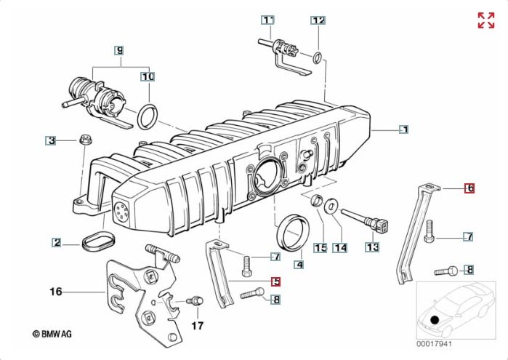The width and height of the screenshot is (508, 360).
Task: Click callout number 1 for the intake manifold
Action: (x=404, y=129)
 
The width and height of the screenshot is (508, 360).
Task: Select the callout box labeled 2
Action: (x=56, y=242)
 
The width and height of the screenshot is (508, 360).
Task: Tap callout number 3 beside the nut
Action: (x=50, y=140)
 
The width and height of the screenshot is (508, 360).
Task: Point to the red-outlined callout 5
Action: (x=275, y=281)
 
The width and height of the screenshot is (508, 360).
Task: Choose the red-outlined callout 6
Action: (x=469, y=188)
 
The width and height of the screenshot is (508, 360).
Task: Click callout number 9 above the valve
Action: (x=119, y=50)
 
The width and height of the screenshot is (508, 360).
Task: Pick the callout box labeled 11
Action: (x=269, y=20)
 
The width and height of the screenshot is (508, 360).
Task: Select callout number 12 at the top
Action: (x=318, y=20)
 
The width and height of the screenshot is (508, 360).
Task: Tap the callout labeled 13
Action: (x=372, y=247)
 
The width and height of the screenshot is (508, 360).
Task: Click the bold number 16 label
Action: (x=56, y=292)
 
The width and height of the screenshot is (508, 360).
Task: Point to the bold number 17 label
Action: (x=195, y=325)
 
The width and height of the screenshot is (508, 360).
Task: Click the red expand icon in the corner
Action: (x=485, y=20)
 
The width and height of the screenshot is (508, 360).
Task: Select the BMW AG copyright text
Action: (x=57, y=333)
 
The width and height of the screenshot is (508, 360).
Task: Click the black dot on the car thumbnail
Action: (x=435, y=320)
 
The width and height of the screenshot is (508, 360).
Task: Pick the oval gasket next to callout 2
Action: (x=95, y=241)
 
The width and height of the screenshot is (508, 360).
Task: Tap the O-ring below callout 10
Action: (x=148, y=115)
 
